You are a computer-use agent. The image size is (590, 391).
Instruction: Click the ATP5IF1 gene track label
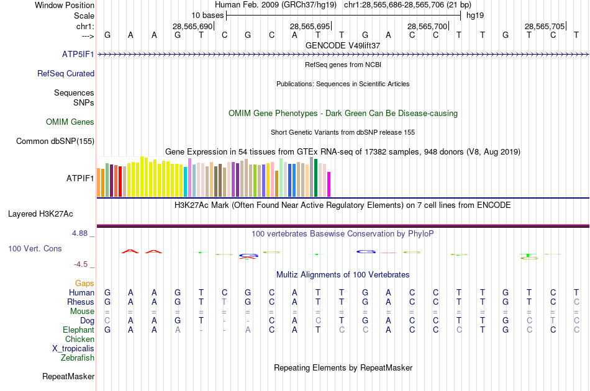coord(78,55)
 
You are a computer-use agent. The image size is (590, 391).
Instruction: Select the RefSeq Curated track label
coord(66,73)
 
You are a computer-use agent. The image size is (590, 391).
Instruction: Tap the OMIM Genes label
coord(70,122)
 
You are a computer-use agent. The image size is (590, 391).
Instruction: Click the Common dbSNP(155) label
coord(55,141)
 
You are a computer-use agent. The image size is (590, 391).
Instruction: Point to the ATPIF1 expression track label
coord(80,178)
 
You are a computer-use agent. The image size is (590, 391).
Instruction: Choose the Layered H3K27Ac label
coord(40,214)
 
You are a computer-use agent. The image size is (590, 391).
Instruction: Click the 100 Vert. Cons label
coord(35,248)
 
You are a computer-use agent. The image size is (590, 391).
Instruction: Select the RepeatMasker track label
coord(68,376)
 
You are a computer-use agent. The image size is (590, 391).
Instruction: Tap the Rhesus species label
coord(81,302)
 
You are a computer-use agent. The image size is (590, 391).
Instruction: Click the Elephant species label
coord(78,330)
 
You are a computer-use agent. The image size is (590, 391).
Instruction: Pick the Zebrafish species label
coord(78,357)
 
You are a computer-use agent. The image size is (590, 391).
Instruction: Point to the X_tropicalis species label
coord(73,348)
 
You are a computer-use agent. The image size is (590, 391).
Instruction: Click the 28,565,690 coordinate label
coord(192,26)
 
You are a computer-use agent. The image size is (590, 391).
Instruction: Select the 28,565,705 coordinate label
coord(544,26)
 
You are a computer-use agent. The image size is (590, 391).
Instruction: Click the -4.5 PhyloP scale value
coord(82,264)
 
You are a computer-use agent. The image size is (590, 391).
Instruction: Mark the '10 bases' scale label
coord(207,15)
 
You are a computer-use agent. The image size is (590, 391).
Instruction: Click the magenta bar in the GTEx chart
coord(329,184)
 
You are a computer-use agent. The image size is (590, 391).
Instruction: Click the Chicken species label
coord(79,339)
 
